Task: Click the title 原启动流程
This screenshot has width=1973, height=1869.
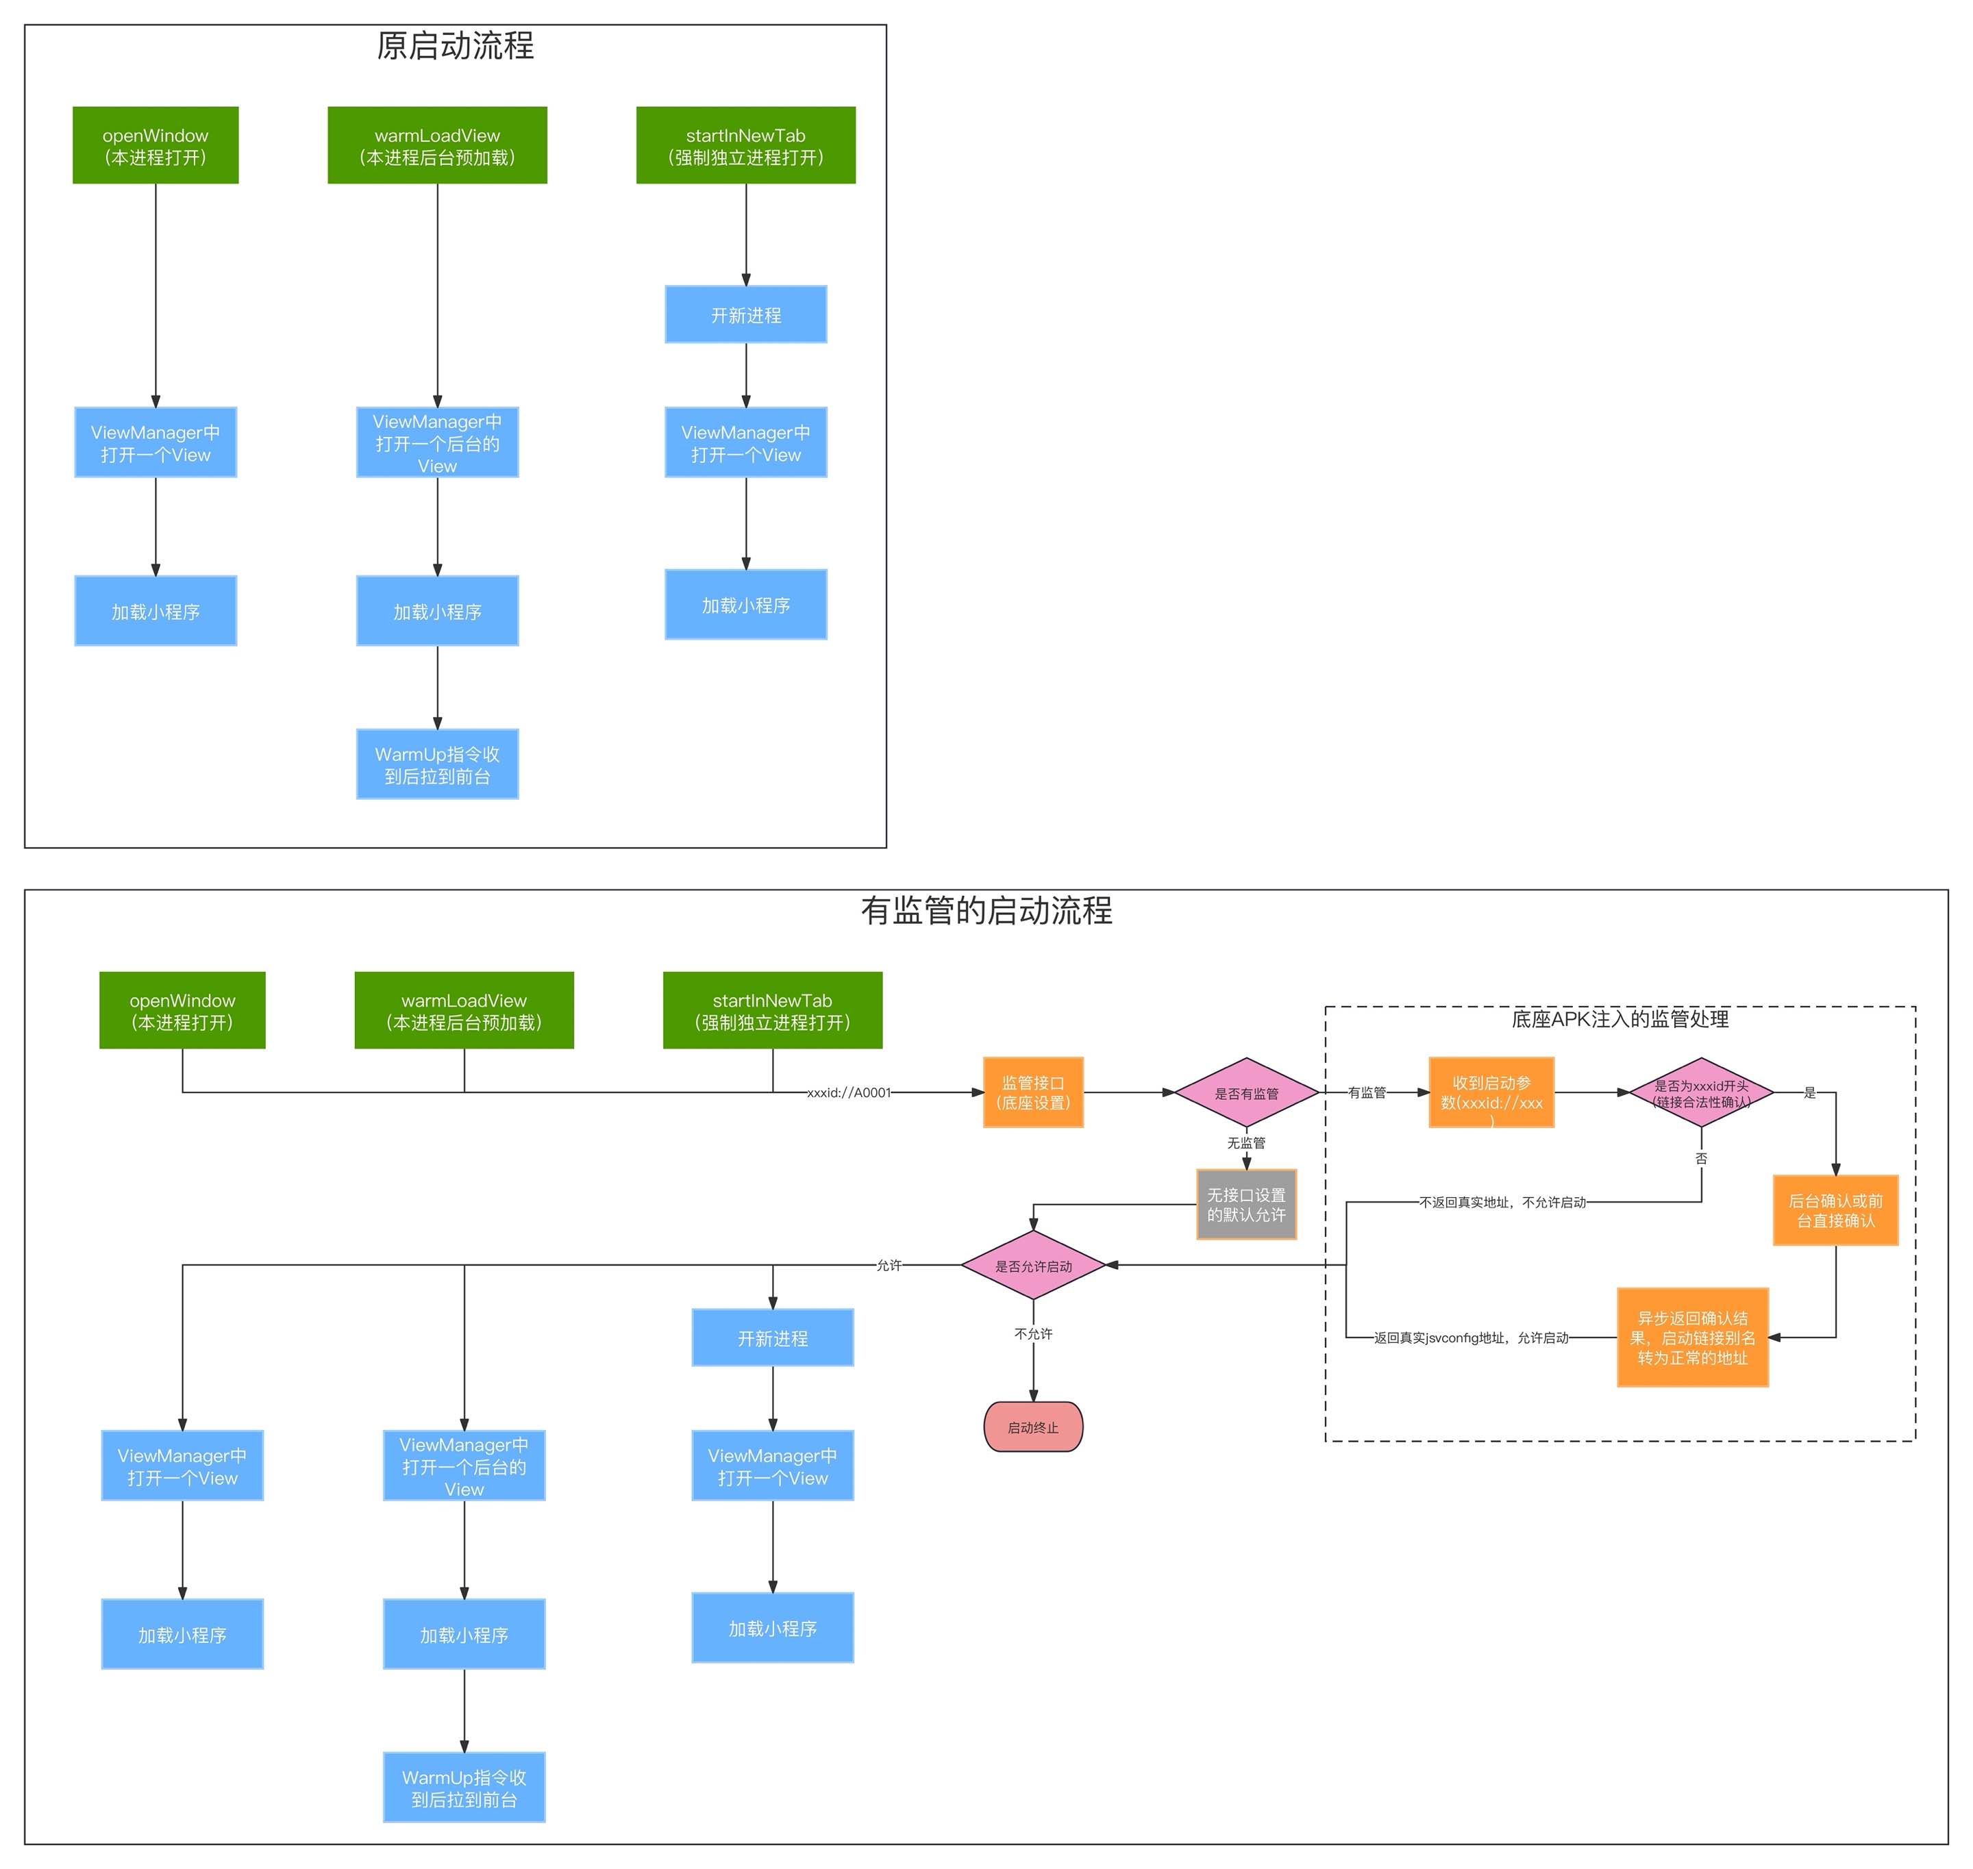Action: pos(456,46)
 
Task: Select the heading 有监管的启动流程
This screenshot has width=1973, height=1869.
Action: pos(986,911)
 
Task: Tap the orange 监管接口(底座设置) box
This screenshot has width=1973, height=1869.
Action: pos(1032,1093)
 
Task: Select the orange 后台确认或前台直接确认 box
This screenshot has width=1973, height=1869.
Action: pos(1835,1210)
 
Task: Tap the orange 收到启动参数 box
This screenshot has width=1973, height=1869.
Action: pos(1491,1093)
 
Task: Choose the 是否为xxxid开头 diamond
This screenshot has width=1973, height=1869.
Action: pos(1701,1093)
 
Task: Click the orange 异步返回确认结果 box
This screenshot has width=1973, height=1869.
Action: pos(1692,1337)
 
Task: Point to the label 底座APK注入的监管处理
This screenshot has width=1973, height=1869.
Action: pos(1620,1019)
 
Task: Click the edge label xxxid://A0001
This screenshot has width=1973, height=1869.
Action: pos(848,1093)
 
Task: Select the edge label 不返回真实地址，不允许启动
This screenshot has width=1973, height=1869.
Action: pos(1502,1203)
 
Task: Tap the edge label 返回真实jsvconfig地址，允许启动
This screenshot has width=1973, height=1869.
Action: pos(1471,1338)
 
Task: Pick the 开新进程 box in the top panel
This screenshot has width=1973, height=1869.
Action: pos(745,315)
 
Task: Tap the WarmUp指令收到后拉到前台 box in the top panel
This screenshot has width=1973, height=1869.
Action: pos(438,764)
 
